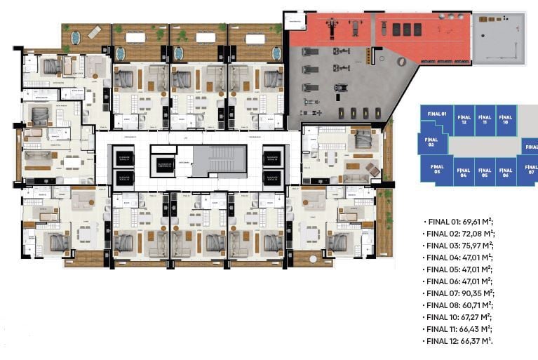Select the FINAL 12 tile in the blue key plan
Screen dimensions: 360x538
click(462, 120)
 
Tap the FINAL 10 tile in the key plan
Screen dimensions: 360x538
click(504, 120)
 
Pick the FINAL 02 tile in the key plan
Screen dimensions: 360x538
click(431, 143)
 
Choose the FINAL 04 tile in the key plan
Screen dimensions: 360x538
click(463, 173)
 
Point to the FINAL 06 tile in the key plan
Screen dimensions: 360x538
click(505, 173)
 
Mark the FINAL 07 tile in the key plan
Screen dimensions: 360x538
click(530, 170)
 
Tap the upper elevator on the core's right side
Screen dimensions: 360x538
click(272, 158)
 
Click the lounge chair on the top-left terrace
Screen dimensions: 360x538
click(95, 32)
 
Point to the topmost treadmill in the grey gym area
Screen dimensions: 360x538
click(310, 51)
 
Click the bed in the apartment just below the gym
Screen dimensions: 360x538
click(363, 139)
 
